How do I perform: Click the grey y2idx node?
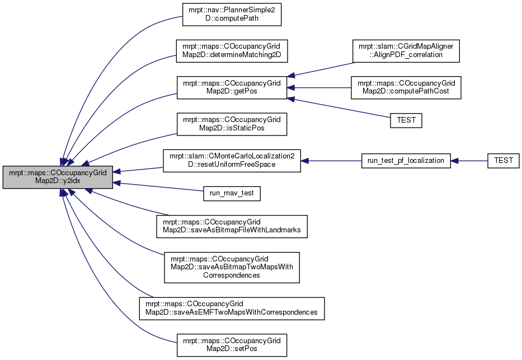pos(58,177)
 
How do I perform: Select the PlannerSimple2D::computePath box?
pos(232,15)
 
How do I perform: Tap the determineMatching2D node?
pos(232,51)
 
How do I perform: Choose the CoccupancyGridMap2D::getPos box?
pos(232,87)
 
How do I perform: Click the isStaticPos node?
pos(232,124)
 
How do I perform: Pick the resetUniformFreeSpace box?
pos(232,161)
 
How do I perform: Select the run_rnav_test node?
pos(232,194)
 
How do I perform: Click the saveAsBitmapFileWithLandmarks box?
pos(232,226)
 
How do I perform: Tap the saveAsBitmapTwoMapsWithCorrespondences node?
pos(232,268)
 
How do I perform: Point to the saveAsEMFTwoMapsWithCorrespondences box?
pos(232,308)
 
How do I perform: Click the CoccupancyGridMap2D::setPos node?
pos(232,345)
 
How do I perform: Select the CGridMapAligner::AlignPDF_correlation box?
pos(406,51)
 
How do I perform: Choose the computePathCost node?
pos(406,87)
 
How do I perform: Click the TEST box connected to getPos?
pos(406,120)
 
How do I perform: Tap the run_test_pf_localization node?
pos(406,161)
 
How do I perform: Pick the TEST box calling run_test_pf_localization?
pos(503,161)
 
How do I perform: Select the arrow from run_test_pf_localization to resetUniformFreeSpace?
pos(331,161)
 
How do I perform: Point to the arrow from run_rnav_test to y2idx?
pos(158,186)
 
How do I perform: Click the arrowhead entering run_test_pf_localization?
pos(454,161)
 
